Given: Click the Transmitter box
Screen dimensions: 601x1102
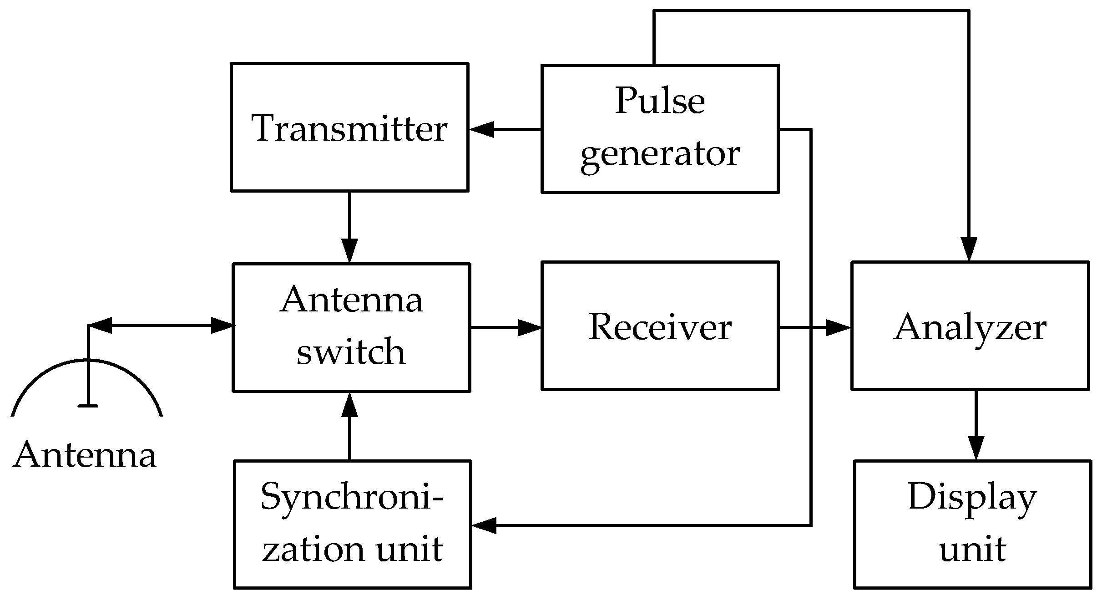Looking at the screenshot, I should (x=349, y=127).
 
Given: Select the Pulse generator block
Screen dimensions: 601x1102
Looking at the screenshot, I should (x=660, y=129).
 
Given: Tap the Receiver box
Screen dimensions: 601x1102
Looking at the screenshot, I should (x=660, y=326).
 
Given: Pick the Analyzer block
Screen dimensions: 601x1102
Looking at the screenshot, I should (x=970, y=326).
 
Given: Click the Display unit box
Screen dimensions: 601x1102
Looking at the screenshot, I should (x=972, y=525).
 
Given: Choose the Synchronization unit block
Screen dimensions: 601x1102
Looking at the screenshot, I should (x=352, y=525).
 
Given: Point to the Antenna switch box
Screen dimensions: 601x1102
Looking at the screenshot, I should (x=351, y=327).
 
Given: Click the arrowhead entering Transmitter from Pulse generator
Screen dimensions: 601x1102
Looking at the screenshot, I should (x=481, y=129).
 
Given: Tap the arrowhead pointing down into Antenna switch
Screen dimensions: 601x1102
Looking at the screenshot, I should (x=349, y=250).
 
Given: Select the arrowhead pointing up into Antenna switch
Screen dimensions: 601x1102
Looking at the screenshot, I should (x=349, y=404).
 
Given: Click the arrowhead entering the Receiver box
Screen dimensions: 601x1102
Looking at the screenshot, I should (x=529, y=327).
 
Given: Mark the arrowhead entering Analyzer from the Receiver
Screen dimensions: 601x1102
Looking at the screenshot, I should (x=838, y=327).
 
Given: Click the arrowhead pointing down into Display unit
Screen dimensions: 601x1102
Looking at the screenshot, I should (x=976, y=448).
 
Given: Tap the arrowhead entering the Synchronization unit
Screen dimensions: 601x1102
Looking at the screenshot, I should (x=483, y=525).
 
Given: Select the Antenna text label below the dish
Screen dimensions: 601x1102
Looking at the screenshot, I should (x=85, y=454).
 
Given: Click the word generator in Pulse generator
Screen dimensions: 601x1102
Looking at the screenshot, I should (x=660, y=155).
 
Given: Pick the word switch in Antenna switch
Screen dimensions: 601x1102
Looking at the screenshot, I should (x=351, y=352).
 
